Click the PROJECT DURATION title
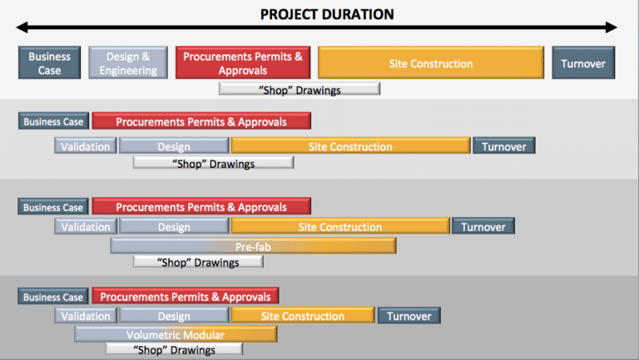pyautogui.click(x=326, y=14)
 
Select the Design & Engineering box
pyautogui.click(x=128, y=63)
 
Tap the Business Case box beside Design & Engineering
pyautogui.click(x=50, y=63)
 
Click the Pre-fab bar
pyautogui.click(x=253, y=246)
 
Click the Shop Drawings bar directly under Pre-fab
pyautogui.click(x=198, y=262)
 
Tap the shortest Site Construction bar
pyautogui.click(x=302, y=316)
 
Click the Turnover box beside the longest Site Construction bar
pyautogui.click(x=583, y=63)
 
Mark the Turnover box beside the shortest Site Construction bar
pyautogui.click(x=409, y=316)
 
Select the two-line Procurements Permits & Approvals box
pyautogui.click(x=243, y=63)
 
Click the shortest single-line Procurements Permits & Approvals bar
pyautogui.click(x=185, y=296)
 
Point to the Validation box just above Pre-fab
pyautogui.click(x=86, y=227)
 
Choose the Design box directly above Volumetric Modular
pyautogui.click(x=174, y=316)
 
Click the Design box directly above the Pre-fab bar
pyautogui.click(x=174, y=227)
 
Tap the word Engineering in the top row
pyautogui.click(x=128, y=71)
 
